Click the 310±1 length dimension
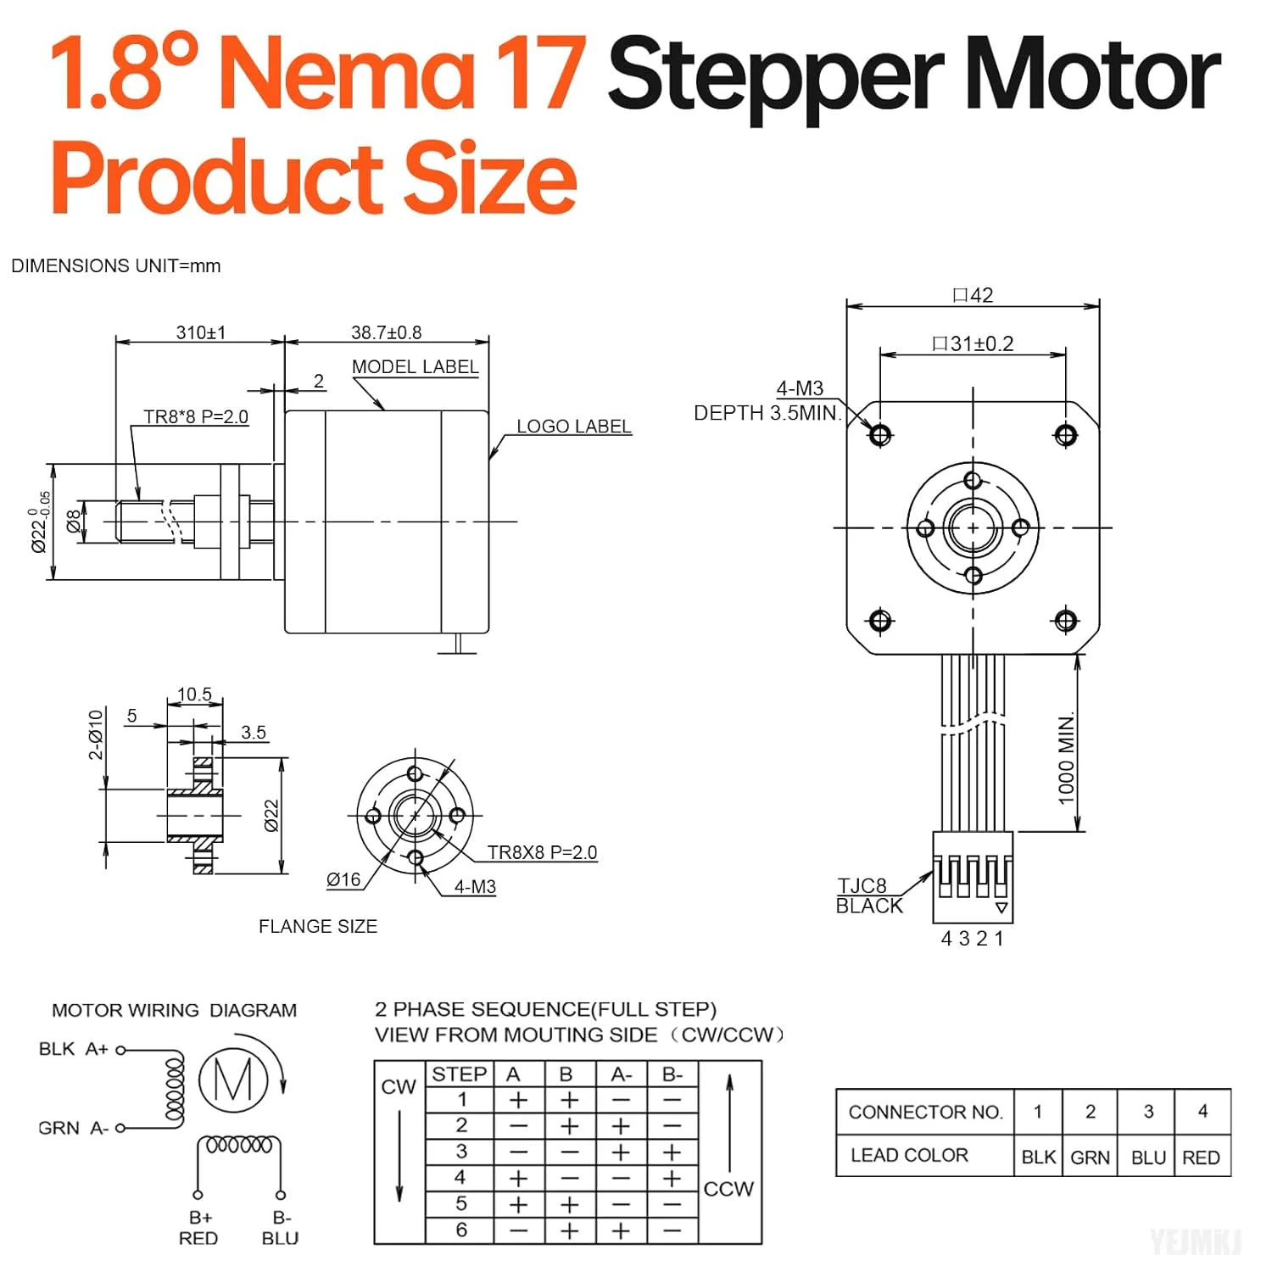tap(201, 332)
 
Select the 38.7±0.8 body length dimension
tap(386, 332)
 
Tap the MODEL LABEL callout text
tap(415, 367)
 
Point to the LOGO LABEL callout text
tap(574, 427)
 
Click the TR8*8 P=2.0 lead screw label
tap(196, 416)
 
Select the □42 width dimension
tap(973, 295)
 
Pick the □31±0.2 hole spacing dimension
tap(973, 343)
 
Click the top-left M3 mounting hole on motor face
tap(880, 435)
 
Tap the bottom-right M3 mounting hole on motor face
tap(1066, 621)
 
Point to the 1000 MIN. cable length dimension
tap(1066, 757)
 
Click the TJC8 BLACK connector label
tap(869, 896)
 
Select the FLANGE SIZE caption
tap(318, 927)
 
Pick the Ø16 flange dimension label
tap(343, 880)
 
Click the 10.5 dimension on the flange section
tap(194, 695)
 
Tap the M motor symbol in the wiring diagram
tap(233, 1080)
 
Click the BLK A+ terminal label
tap(73, 1049)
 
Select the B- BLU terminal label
tap(281, 1228)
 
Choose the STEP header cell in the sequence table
tap(459, 1074)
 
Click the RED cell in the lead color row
tap(1201, 1158)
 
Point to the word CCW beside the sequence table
tap(728, 1189)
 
